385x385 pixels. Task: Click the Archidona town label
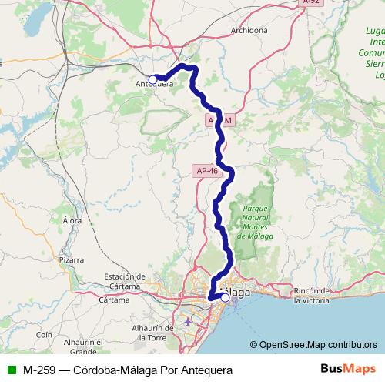coord(249,31)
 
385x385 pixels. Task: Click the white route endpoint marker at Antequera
coord(153,79)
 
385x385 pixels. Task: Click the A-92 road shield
coord(311,3)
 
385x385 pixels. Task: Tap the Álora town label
coord(72,220)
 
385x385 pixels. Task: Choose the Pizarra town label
coord(70,260)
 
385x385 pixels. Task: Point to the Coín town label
coord(43,335)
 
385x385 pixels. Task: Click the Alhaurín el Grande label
coord(84,346)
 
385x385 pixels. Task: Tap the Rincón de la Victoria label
coord(315,295)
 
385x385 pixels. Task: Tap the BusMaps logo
coord(347,368)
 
